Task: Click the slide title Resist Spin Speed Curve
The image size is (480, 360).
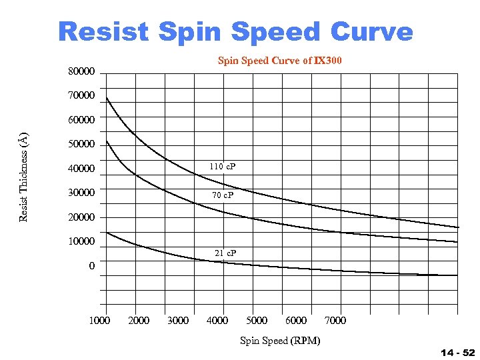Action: [235, 31]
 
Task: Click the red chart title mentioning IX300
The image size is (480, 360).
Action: [280, 61]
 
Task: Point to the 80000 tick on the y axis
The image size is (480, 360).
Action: [81, 71]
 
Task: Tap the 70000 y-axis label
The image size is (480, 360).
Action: [81, 96]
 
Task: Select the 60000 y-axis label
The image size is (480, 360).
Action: [81, 120]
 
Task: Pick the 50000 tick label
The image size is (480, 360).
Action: [81, 145]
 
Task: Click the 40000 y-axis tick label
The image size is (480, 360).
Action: [81, 169]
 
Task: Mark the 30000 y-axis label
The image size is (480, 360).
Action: [81, 193]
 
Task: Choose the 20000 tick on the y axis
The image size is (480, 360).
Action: [81, 217]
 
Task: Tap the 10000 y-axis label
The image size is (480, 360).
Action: [81, 241]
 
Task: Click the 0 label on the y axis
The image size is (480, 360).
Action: [91, 266]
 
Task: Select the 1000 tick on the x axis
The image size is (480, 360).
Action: [99, 321]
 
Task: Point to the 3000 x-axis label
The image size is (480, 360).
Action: [177, 321]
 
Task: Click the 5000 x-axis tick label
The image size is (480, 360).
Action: [257, 321]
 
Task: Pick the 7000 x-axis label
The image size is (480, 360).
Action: [335, 321]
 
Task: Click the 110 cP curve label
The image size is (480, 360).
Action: [223, 166]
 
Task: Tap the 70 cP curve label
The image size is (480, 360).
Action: [223, 195]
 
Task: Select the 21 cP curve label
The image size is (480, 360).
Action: [225, 253]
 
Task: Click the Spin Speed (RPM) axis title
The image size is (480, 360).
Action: [280, 341]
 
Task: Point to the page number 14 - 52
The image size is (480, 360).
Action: [457, 352]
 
